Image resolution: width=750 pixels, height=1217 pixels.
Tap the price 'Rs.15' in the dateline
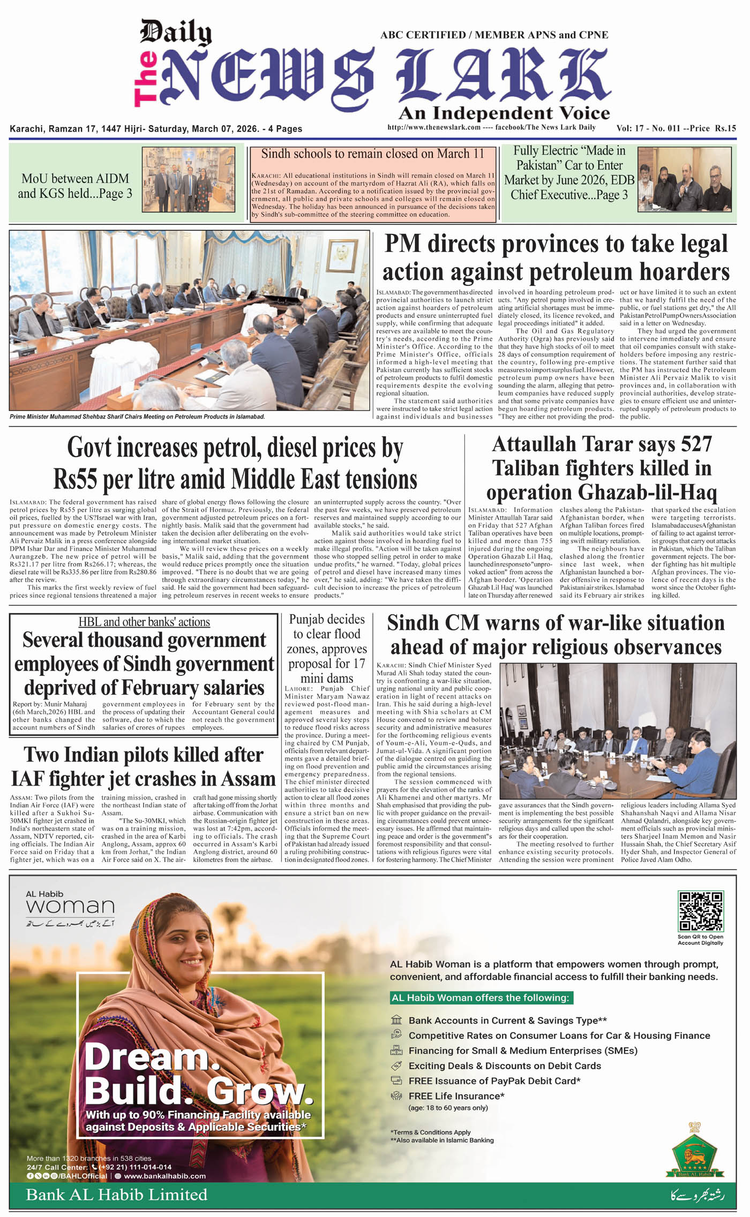[725, 128]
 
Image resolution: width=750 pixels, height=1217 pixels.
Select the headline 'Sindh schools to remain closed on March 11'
[372, 154]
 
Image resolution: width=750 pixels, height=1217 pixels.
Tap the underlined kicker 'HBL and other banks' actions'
[144, 622]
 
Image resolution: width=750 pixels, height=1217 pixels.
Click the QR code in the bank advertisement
[700, 911]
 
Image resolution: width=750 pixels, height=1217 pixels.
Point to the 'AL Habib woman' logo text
[70, 903]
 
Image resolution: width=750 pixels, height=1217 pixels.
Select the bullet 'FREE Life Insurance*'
[456, 1096]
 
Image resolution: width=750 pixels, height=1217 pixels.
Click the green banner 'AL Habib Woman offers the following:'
[480, 998]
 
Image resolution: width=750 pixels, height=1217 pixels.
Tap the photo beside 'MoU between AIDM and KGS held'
[189, 179]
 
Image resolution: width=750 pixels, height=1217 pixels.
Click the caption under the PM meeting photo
[137, 416]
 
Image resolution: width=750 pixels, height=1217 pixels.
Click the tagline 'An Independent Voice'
[504, 113]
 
